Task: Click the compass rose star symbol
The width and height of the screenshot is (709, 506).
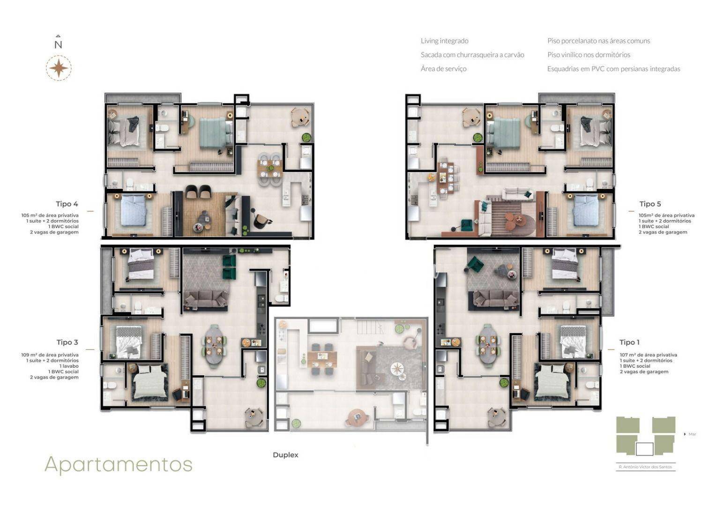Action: pos(59,68)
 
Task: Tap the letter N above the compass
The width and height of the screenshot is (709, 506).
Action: pos(58,45)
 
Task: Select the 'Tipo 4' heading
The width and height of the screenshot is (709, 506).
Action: pos(67,204)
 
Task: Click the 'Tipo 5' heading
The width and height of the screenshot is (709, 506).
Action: pos(650,204)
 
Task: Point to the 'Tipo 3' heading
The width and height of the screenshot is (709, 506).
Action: pos(67,342)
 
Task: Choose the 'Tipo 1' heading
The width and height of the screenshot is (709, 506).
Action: pos(629,342)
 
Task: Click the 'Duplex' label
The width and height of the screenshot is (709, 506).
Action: pos(285,455)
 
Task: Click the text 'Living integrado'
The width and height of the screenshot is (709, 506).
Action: pos(444,41)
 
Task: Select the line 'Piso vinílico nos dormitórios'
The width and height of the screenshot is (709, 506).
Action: pos(589,55)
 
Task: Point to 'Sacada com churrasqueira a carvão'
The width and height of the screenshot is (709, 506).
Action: pos(472,55)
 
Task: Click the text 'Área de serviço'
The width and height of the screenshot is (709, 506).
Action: pos(443,69)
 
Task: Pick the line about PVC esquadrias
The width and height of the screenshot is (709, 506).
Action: pos(614,69)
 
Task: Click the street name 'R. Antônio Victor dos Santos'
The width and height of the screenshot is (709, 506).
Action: pos(645,467)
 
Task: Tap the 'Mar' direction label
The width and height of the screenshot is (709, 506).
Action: pos(692,434)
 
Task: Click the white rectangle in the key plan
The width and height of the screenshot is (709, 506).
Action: pos(644,449)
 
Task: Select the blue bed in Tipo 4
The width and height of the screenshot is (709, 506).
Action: pos(134,210)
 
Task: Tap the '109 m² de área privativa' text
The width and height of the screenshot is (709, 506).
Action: pos(50,355)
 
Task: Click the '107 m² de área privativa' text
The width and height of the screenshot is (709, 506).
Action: pos(648,355)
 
